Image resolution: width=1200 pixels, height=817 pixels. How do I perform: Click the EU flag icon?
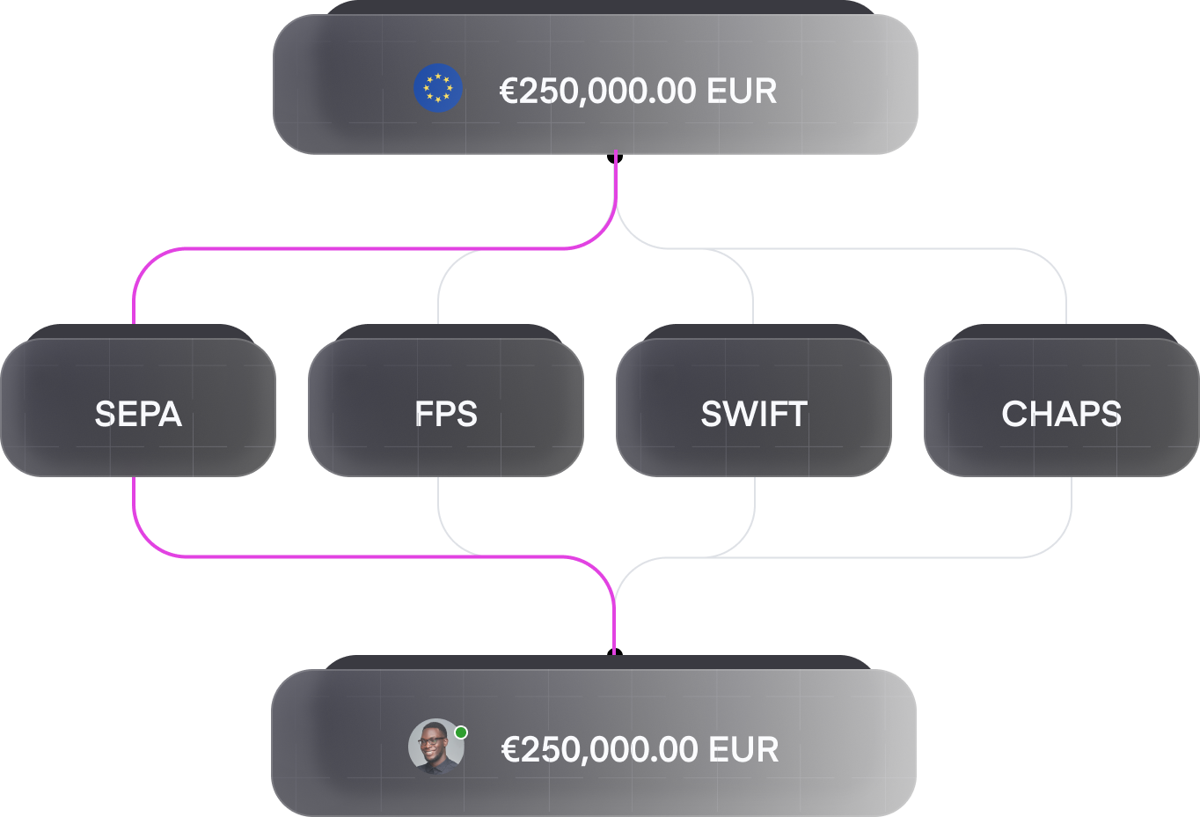437,88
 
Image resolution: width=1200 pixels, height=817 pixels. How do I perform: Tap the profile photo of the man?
436,747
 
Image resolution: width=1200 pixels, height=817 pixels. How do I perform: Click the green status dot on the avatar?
461,732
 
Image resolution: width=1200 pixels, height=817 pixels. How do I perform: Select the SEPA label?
138,414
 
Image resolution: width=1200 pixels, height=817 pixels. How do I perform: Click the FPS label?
446,414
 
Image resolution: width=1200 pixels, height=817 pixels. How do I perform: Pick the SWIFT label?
754,414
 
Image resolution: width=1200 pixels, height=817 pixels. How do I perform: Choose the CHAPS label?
1061,414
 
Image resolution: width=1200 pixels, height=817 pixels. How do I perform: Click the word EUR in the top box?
742,92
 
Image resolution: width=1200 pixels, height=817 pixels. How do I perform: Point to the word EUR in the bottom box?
743,749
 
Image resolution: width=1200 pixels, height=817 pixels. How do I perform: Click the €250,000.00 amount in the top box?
598,92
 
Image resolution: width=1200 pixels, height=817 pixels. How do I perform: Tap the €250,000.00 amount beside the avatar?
599,750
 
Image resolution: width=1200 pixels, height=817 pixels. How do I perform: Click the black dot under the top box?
615,158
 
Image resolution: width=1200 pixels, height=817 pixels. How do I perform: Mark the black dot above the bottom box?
615,652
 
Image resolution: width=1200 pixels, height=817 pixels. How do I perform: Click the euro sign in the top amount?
509,92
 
